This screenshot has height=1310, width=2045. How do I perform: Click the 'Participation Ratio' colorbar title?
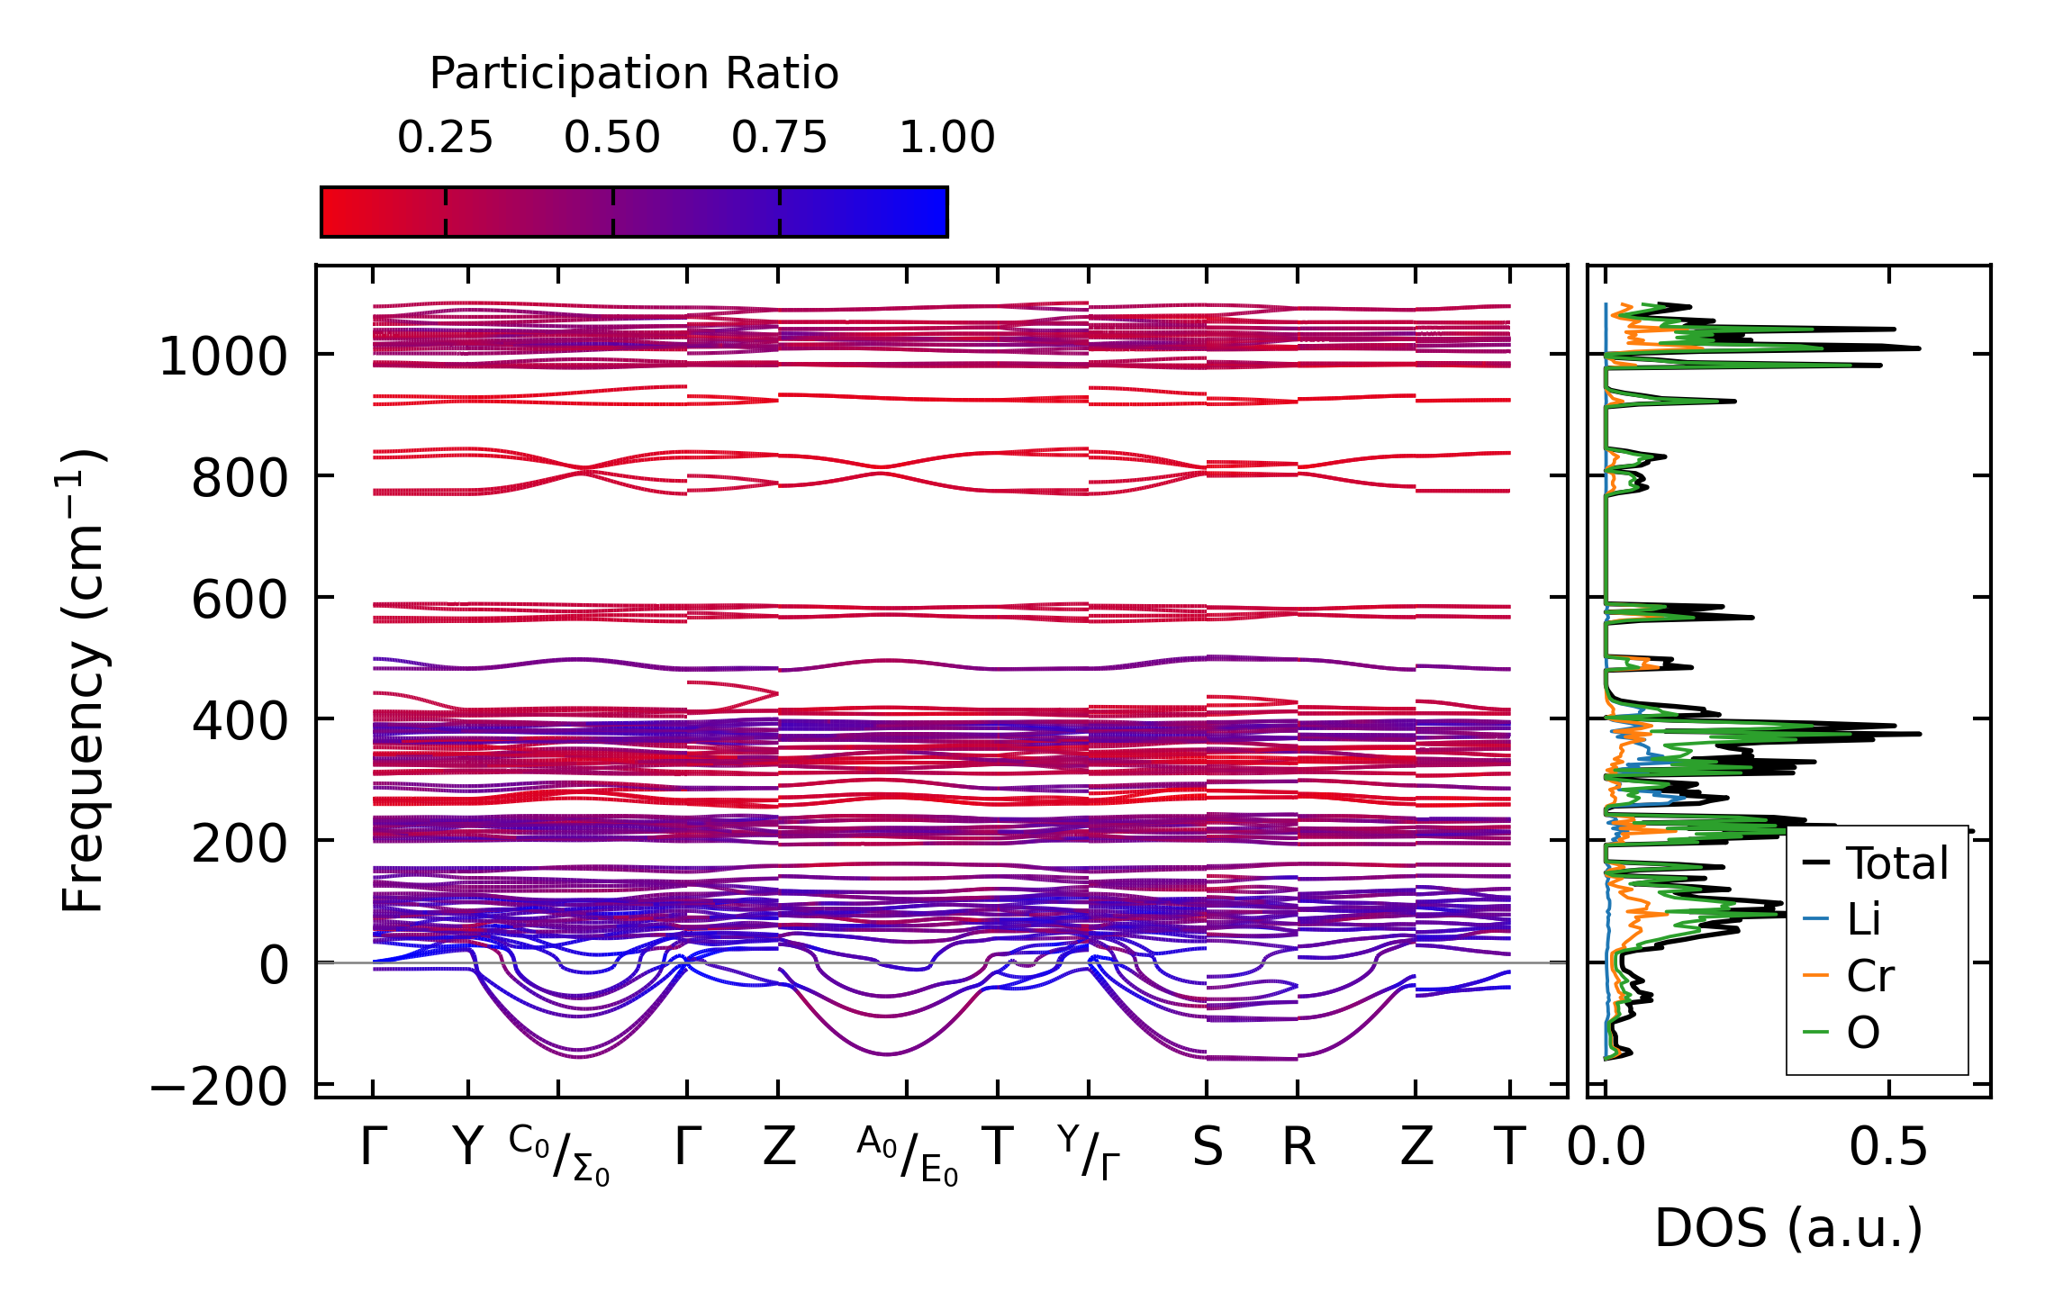(634, 74)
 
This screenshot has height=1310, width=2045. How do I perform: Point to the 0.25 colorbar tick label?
(445, 138)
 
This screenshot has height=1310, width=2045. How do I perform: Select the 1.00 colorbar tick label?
(946, 138)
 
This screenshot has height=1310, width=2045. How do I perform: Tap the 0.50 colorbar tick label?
(612, 138)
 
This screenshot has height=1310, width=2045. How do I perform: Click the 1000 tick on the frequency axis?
(222, 357)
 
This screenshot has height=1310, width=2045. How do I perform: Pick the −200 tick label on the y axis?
(218, 1087)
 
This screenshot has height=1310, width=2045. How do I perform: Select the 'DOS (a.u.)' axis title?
(1788, 1228)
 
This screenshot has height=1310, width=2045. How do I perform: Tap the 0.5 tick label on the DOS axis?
(1888, 1148)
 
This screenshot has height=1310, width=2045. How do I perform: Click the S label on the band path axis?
(1208, 1148)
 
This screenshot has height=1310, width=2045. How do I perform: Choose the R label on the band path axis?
(1298, 1148)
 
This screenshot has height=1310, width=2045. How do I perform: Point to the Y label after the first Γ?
(468, 1148)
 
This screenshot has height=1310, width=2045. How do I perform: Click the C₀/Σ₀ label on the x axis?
(559, 1155)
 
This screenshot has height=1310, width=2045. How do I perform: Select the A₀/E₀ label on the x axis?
(907, 1155)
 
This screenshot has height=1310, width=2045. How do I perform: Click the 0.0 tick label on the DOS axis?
(1606, 1148)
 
